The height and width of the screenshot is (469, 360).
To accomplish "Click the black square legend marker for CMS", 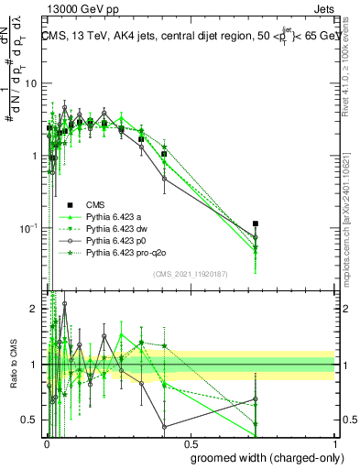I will (x=71, y=204).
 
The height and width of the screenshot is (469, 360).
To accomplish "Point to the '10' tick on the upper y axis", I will (x=32, y=83).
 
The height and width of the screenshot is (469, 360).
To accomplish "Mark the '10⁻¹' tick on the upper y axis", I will (x=30, y=227).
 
